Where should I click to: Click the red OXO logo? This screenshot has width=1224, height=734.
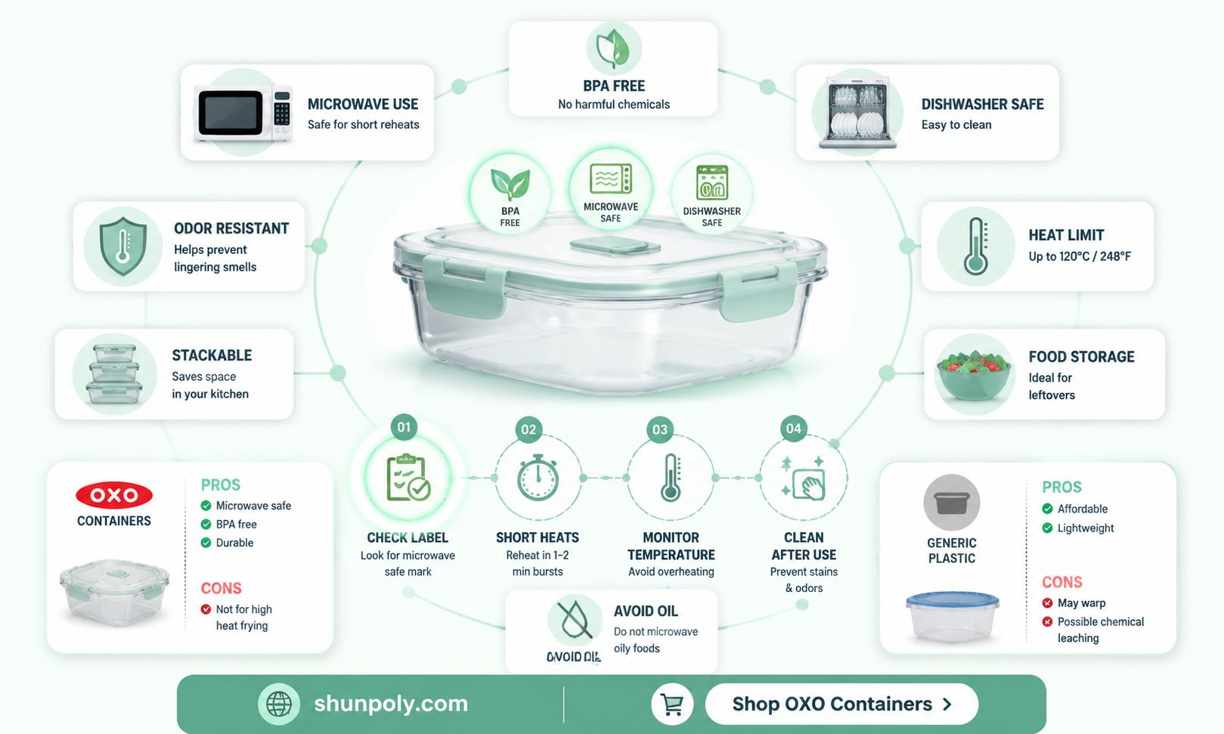114,495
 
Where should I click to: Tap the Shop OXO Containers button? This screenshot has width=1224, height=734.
841,704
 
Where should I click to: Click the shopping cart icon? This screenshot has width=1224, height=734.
672,704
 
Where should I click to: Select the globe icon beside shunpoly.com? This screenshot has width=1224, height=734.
279,704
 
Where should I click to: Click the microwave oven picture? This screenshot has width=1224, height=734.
243,113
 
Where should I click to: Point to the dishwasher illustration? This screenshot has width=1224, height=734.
858,112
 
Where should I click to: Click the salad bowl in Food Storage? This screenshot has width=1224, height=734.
974,376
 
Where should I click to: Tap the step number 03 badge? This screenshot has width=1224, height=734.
659,429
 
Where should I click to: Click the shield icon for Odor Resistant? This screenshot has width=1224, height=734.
123,246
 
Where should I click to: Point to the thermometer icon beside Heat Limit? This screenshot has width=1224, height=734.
976,246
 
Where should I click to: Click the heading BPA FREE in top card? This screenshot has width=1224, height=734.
614,86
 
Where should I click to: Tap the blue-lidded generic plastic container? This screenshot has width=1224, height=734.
953,617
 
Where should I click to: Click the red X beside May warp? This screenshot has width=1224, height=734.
1048,602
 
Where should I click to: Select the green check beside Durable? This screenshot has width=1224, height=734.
206,543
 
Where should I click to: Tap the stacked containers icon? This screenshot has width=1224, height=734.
114,374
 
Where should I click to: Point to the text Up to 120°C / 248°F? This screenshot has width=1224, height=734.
1080,256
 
